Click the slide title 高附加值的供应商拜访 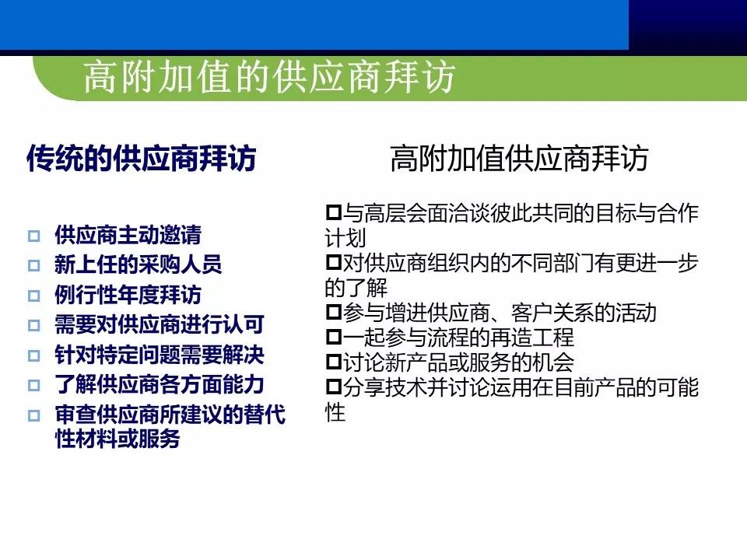(x=268, y=79)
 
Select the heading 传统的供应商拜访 (x=141, y=159)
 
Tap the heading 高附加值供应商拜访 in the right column (x=519, y=159)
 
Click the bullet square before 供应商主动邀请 (x=33, y=236)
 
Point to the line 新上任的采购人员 (x=138, y=264)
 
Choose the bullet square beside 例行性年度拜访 (x=33, y=296)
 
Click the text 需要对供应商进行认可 (x=159, y=324)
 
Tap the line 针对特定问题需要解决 (x=159, y=355)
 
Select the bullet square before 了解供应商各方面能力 (x=33, y=385)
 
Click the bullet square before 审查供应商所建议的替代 (x=33, y=415)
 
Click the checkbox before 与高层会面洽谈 (x=334, y=212)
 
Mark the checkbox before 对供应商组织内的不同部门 (x=334, y=262)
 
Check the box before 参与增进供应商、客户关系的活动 (x=334, y=313)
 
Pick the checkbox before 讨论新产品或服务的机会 (x=334, y=362)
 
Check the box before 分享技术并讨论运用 (x=334, y=387)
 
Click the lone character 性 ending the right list (x=335, y=412)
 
